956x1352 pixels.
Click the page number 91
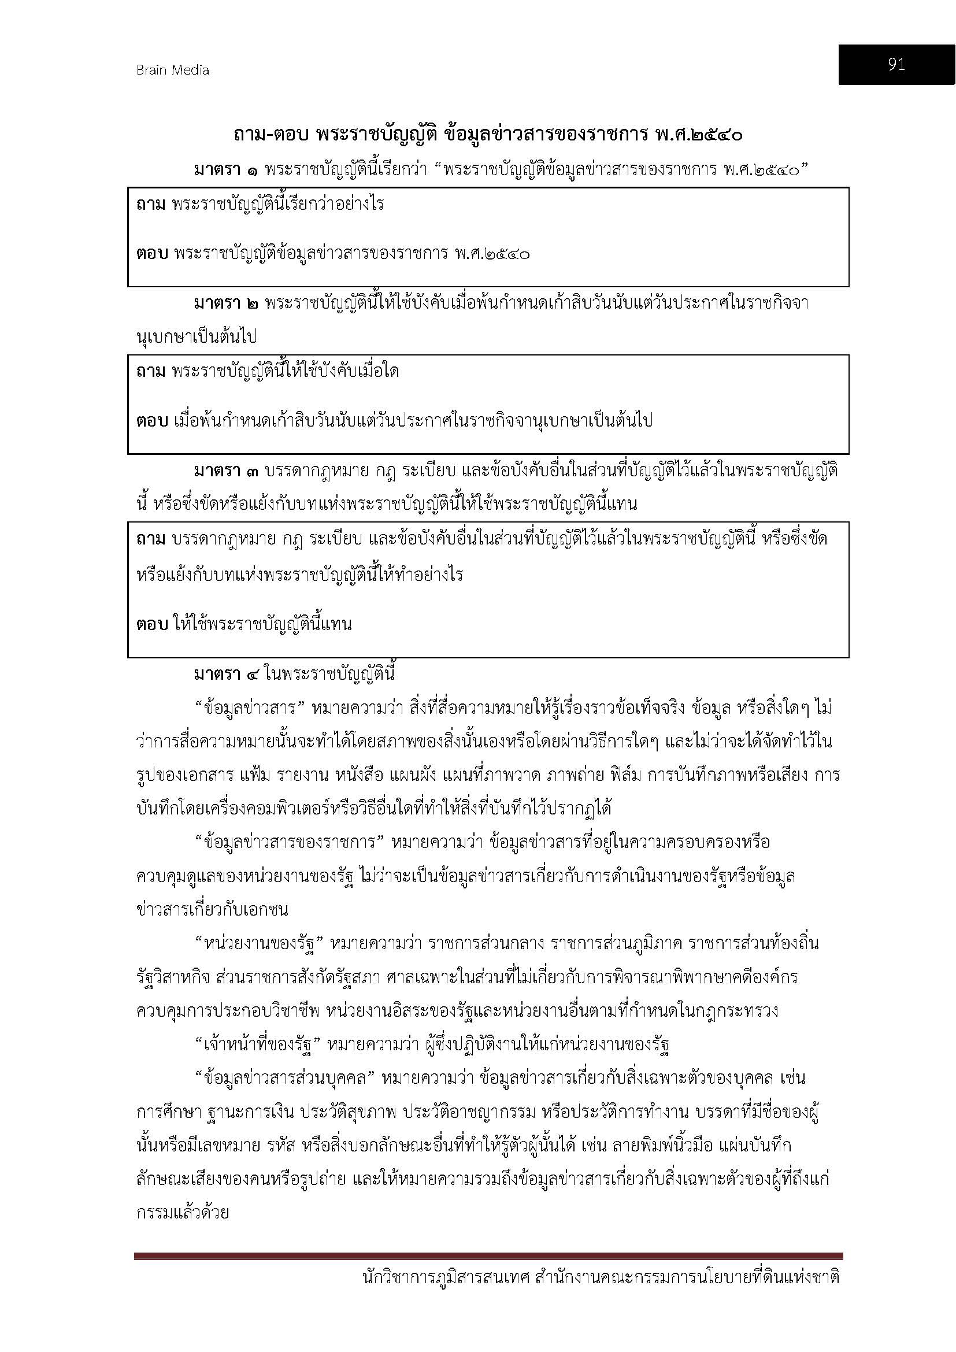tap(896, 65)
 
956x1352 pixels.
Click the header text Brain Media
tap(172, 70)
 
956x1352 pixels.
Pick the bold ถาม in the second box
tap(151, 372)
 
